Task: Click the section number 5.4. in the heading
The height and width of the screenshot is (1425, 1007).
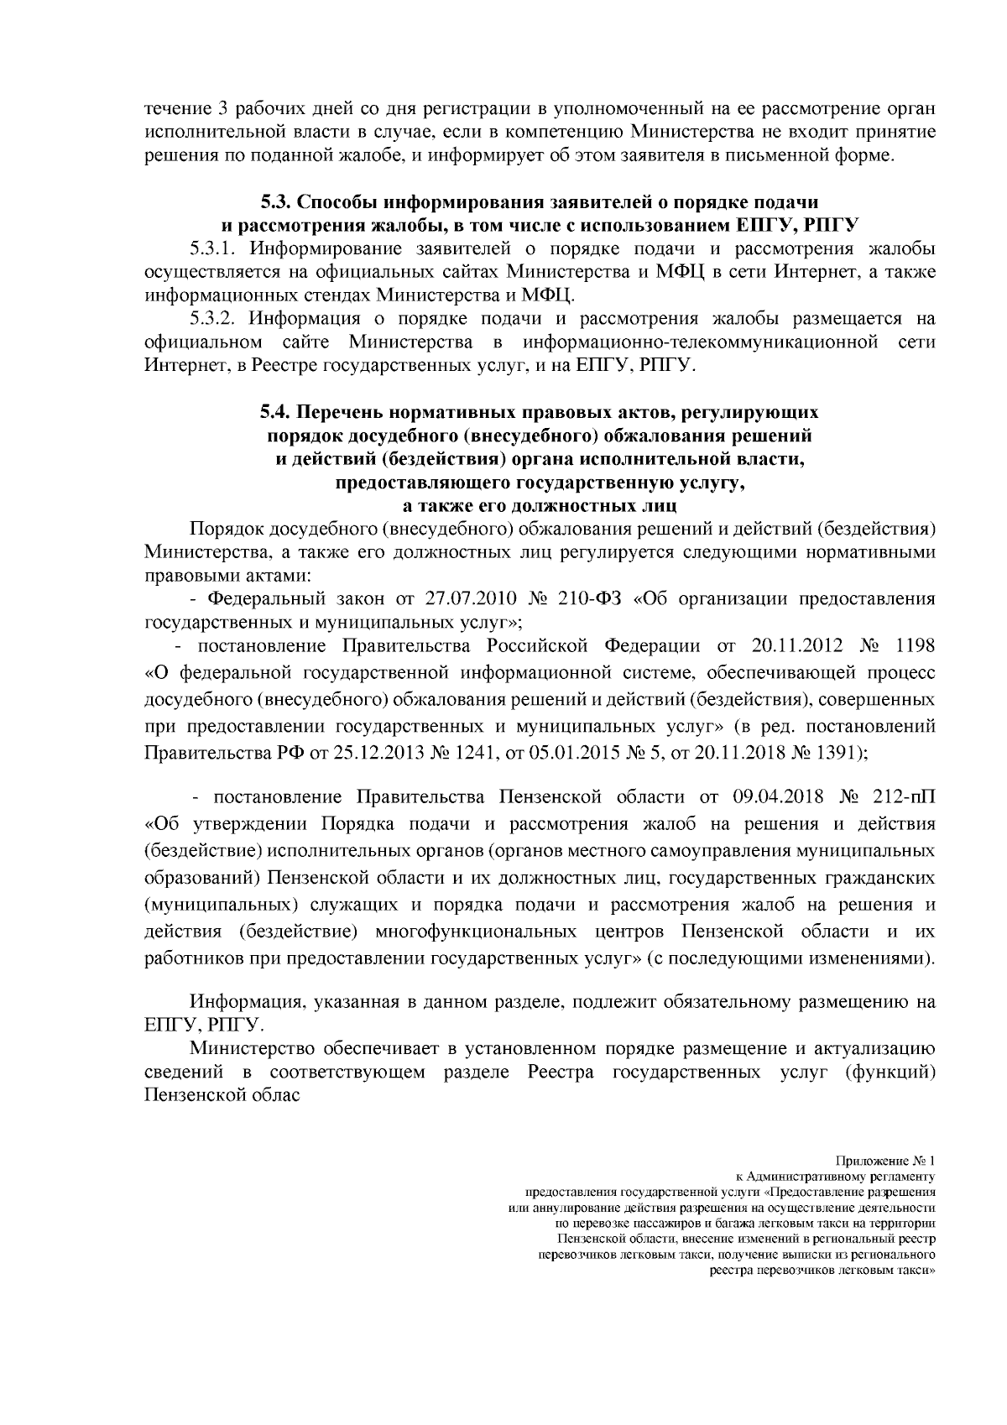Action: coord(275,413)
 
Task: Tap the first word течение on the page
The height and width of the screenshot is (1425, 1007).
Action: coord(175,109)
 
